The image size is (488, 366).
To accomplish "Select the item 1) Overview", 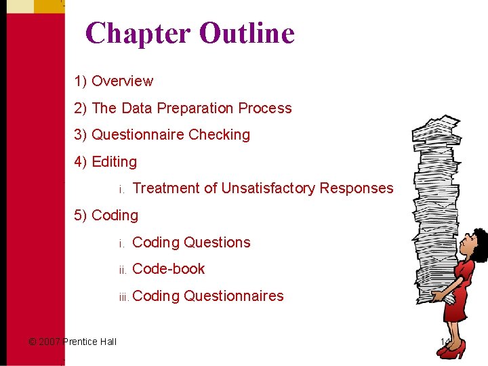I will [114, 81].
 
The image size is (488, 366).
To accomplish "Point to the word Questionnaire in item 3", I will [138, 135].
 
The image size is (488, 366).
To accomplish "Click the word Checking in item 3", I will [219, 135].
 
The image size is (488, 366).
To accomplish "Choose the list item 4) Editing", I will [106, 162].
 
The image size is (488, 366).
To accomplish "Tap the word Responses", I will [357, 188].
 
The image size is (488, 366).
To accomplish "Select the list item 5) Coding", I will [106, 216].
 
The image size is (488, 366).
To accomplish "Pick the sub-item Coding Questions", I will [191, 243].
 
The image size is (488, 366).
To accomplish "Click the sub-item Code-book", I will [168, 269].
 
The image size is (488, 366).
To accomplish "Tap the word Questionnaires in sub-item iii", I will [233, 296].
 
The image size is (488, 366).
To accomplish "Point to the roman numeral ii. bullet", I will [123, 270].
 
